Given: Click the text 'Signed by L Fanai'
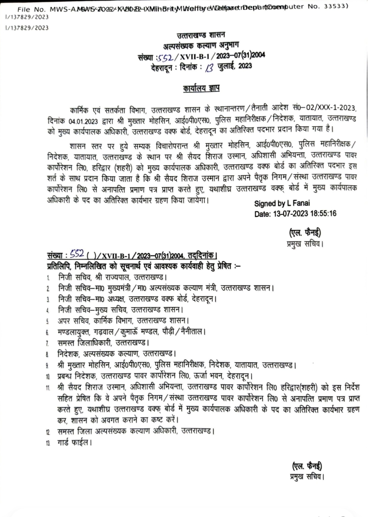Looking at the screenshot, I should pyautogui.click(x=282, y=203).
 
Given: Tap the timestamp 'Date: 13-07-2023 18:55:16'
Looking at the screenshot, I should pyautogui.click(x=295, y=214).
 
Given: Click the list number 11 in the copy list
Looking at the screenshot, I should pyautogui.click(x=48, y=388).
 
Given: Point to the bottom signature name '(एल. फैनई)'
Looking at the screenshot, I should pyautogui.click(x=307, y=466).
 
